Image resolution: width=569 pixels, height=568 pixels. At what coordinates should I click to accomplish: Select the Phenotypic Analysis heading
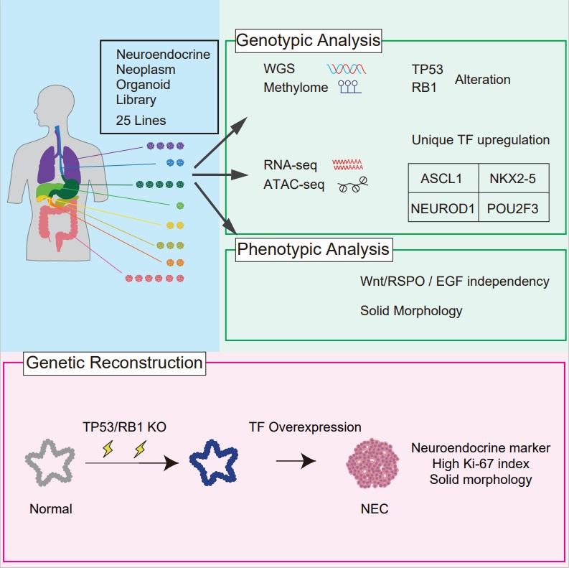coord(313,250)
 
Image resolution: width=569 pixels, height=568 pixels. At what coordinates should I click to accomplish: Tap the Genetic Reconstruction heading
coord(114,363)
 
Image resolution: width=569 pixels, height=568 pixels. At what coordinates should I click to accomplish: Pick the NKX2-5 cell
coord(512,179)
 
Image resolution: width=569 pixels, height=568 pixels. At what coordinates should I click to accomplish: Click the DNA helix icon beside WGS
coord(349,70)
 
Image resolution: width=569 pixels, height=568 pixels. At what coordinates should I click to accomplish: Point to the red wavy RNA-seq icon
coord(348,165)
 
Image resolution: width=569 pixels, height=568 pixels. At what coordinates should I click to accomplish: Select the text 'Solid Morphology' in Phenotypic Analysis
coord(411,311)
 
